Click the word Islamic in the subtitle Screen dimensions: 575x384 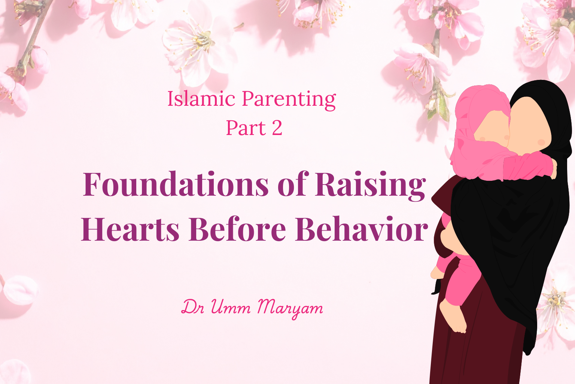pos(201,99)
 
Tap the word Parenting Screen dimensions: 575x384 pos(289,100)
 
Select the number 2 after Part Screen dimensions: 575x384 pos(277,128)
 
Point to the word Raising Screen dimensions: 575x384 pos(371,186)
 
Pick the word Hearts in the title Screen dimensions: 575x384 pos(130,228)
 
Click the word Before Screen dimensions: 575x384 pos(237,228)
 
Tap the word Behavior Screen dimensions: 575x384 pos(361,228)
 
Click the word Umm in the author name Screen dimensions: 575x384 pos(231,307)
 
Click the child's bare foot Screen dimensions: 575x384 pos(453,317)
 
